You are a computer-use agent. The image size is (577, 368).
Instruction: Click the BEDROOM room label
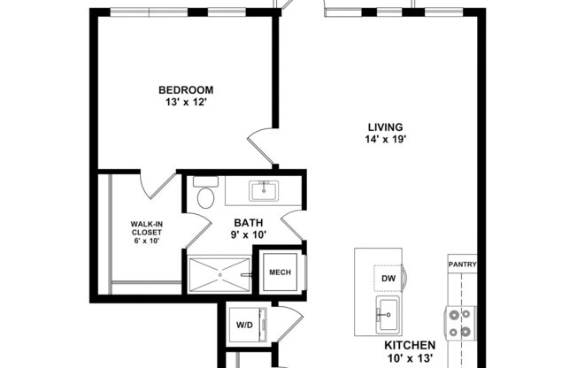[185, 89]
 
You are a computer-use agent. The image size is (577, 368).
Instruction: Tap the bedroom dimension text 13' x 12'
[185, 102]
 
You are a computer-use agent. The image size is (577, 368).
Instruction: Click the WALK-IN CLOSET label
[146, 228]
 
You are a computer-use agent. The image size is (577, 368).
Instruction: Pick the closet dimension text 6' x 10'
[146, 240]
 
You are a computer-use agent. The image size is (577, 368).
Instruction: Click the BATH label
[249, 223]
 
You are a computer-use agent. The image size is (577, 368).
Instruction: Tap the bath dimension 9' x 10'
[249, 235]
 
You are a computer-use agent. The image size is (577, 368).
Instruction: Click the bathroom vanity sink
[263, 189]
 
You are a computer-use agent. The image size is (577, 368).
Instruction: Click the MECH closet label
[281, 272]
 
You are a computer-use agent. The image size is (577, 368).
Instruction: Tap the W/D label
[243, 324]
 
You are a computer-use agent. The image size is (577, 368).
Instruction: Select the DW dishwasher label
[388, 279]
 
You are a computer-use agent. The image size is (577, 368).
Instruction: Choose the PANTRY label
[462, 264]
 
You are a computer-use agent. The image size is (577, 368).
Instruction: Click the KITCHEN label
[409, 345]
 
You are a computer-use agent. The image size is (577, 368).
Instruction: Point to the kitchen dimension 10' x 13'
[409, 359]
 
